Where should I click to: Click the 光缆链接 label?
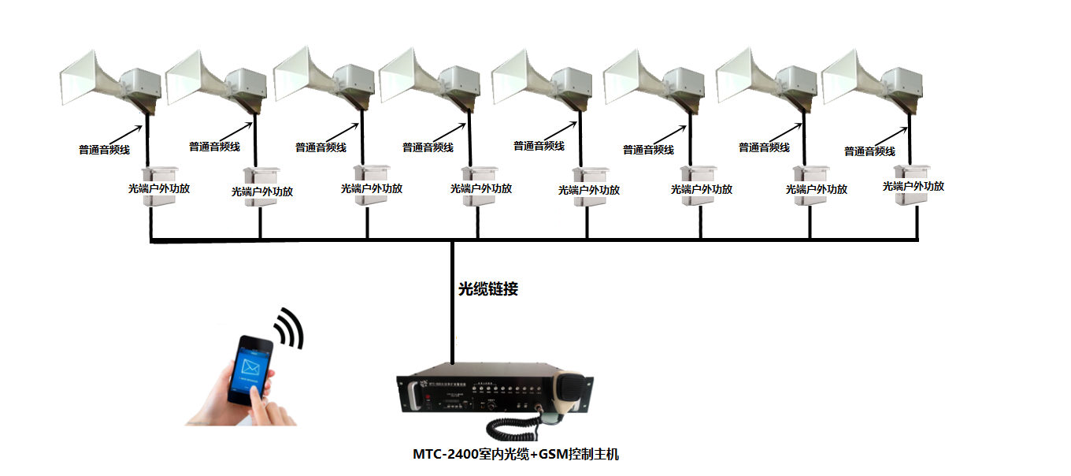tap(488, 289)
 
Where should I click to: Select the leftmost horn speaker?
tap(110, 79)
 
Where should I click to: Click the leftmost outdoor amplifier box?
tap(160, 187)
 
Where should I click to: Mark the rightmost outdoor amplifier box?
tap(913, 185)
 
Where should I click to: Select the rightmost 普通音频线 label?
tap(869, 151)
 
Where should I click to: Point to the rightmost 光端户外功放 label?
tap(913, 187)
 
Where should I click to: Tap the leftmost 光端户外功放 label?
tap(159, 189)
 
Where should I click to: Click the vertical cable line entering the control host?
tap(453, 315)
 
